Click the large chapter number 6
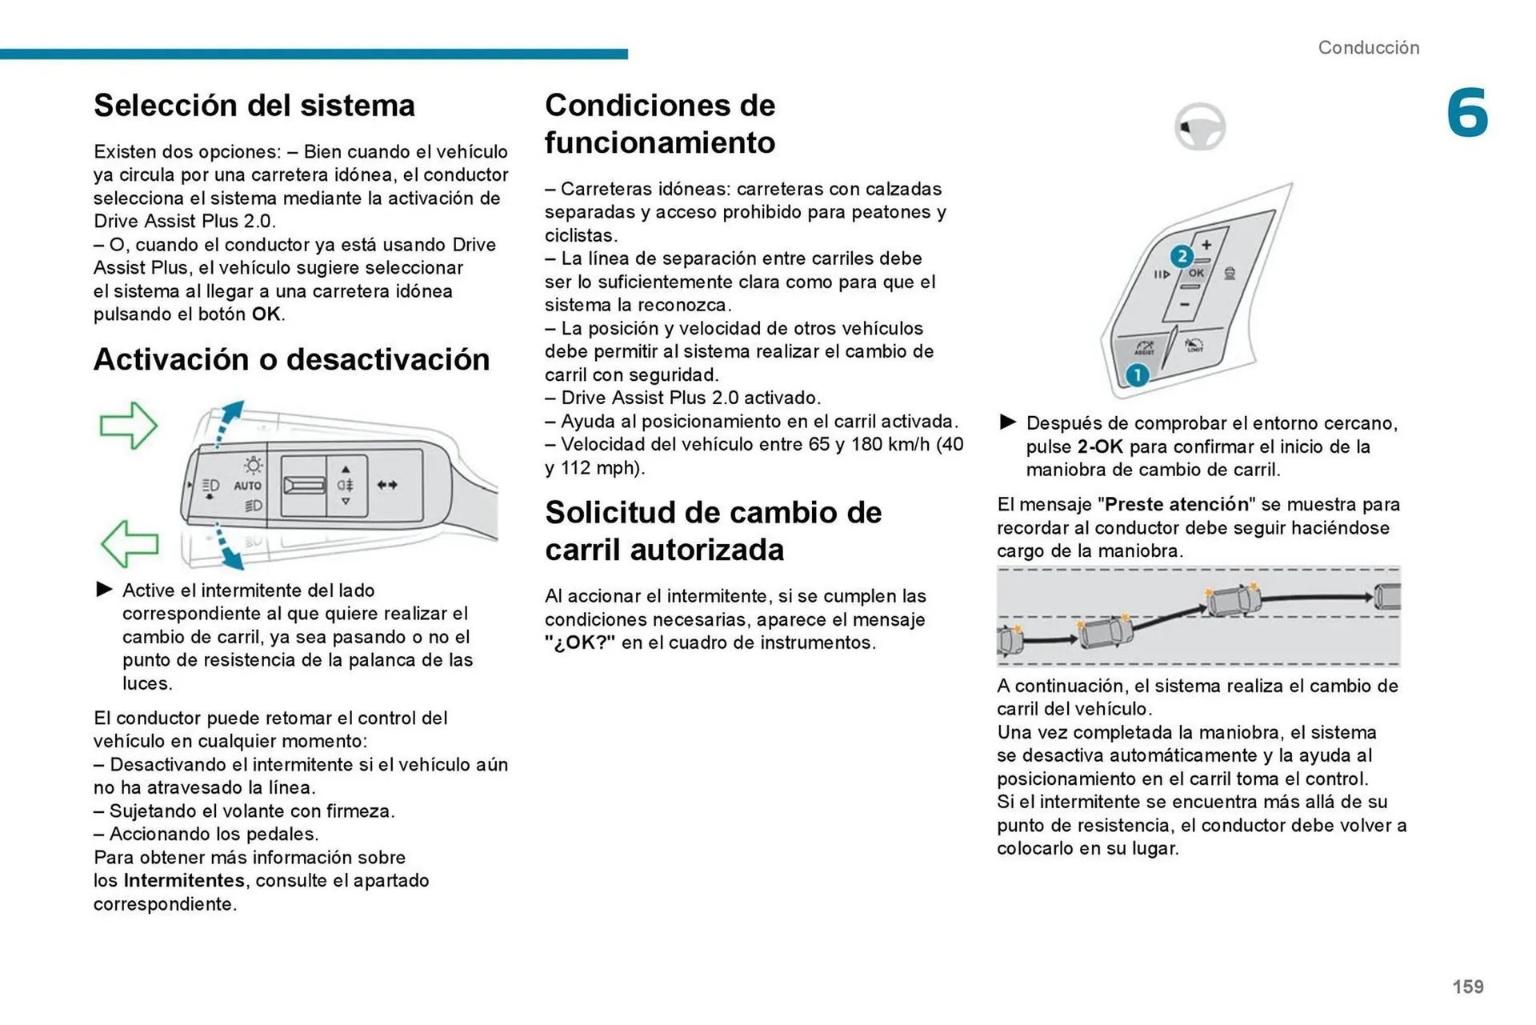tap(1466, 113)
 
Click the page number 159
tap(1467, 987)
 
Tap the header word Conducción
tap(1368, 48)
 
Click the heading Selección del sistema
tap(254, 106)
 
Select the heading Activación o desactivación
tap(291, 360)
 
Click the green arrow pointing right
tap(128, 425)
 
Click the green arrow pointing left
tap(129, 543)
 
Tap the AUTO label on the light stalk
tap(247, 486)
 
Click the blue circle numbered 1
tap(1137, 374)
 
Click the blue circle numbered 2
tap(1181, 257)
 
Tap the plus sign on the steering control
tap(1206, 245)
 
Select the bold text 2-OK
tap(1099, 447)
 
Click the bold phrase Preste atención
tap(1176, 505)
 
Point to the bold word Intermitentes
tap(184, 881)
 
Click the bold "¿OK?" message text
tap(580, 643)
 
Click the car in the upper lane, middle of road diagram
tap(1233, 599)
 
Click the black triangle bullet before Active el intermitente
tap(104, 590)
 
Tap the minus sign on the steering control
tap(1184, 305)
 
